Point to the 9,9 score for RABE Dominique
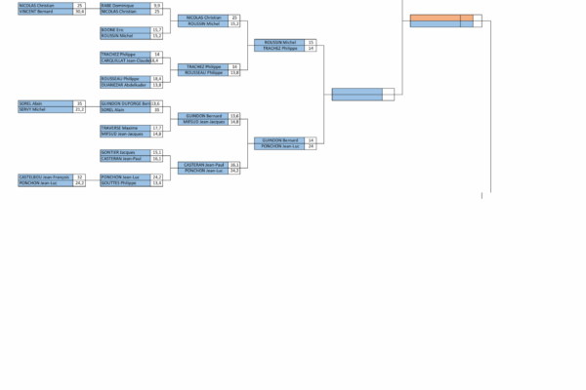tap(157, 6)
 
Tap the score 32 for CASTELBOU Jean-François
tap(80, 176)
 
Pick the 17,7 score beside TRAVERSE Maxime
tap(157, 128)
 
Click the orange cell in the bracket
tap(441, 18)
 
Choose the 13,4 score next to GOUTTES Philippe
tap(157, 183)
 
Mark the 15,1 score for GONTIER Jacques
tap(157, 152)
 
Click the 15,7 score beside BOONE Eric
tap(157, 30)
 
